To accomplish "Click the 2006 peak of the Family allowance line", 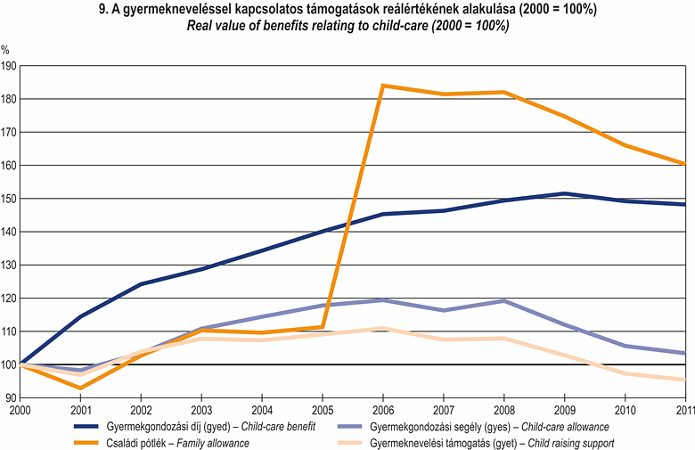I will (382, 86).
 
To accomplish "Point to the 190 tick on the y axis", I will (9, 66).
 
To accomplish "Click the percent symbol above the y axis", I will (6, 52).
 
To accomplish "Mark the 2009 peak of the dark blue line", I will (564, 193).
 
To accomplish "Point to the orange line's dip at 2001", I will (81, 388).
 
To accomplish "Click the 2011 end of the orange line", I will (684, 164).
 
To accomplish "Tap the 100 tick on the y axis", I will (9, 364).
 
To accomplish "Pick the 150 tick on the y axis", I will (9, 199).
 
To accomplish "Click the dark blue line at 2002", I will (141, 284).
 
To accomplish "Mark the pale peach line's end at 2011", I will (684, 380).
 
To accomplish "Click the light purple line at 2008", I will (503, 301).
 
